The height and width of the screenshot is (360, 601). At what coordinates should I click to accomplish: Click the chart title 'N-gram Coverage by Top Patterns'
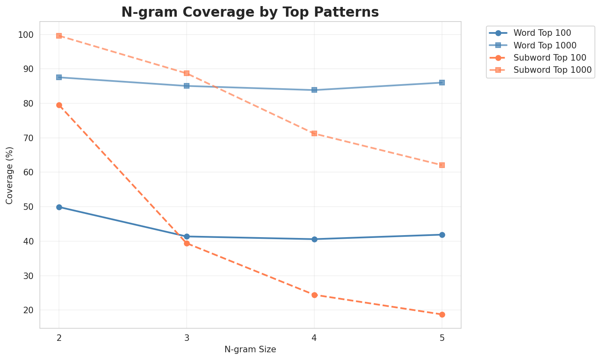250,12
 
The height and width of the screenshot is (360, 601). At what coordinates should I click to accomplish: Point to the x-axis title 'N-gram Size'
250,349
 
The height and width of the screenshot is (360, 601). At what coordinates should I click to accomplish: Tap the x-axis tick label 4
314,337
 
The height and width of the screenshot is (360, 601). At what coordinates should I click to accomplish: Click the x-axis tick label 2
59,337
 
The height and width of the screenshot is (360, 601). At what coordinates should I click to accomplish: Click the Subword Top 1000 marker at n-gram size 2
59,36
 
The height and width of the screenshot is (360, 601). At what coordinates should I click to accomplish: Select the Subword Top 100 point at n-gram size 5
442,314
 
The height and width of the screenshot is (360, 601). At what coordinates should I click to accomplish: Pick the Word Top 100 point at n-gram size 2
59,207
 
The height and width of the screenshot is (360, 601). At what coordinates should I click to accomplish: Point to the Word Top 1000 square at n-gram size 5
442,83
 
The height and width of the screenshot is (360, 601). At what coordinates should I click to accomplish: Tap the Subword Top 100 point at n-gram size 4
314,295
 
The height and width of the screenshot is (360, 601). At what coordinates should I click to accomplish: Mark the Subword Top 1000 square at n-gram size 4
314,133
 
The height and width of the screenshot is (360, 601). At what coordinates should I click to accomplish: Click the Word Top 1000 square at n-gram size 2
59,77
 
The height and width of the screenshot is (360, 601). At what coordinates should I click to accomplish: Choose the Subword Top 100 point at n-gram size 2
59,105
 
